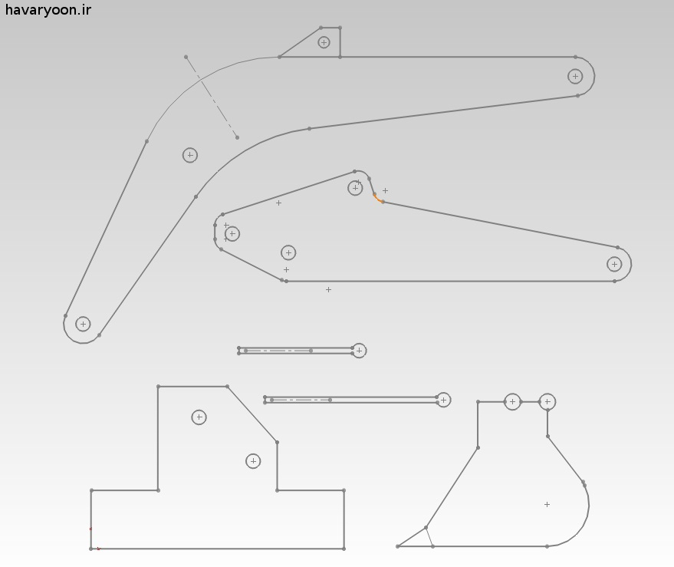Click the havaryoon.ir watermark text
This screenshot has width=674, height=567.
tap(48, 10)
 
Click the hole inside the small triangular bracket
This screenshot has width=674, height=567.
tap(324, 42)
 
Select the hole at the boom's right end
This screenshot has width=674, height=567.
tap(575, 77)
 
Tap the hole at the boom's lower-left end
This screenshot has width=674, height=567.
tap(83, 324)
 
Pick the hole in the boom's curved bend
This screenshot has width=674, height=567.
tap(190, 155)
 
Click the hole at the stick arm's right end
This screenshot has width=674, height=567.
tap(614, 264)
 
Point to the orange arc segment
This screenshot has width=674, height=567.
tap(378, 198)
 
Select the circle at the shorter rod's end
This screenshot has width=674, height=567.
tap(359, 351)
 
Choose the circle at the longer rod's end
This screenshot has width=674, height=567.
tap(443, 400)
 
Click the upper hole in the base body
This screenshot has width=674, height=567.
tap(199, 417)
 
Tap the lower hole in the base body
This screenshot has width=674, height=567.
tap(253, 461)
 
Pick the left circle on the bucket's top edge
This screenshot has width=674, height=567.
tap(512, 402)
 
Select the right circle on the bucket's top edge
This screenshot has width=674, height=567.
tap(547, 402)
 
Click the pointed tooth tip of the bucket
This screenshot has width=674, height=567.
tap(398, 546)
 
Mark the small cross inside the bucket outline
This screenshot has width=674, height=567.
tap(547, 504)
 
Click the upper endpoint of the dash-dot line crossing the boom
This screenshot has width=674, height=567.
tap(186, 57)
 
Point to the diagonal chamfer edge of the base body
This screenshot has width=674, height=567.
tap(252, 414)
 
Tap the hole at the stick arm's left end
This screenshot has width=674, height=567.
tap(232, 234)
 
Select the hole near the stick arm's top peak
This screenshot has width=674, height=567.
tap(355, 188)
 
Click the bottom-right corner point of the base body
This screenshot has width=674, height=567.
tap(344, 549)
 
